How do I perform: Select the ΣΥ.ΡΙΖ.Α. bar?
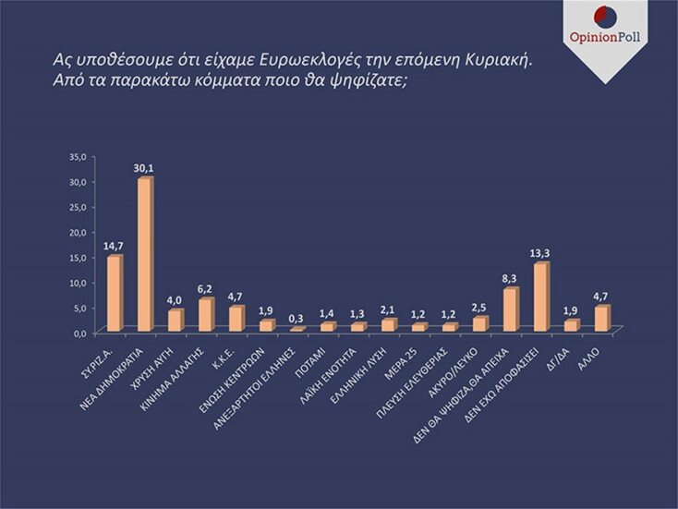click(114, 294)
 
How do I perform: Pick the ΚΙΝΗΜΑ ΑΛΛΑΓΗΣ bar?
click(205, 315)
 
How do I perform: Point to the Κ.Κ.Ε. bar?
click(236, 319)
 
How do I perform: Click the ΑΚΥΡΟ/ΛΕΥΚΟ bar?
click(479, 324)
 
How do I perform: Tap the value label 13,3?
click(541, 251)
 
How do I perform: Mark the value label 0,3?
click(297, 318)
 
